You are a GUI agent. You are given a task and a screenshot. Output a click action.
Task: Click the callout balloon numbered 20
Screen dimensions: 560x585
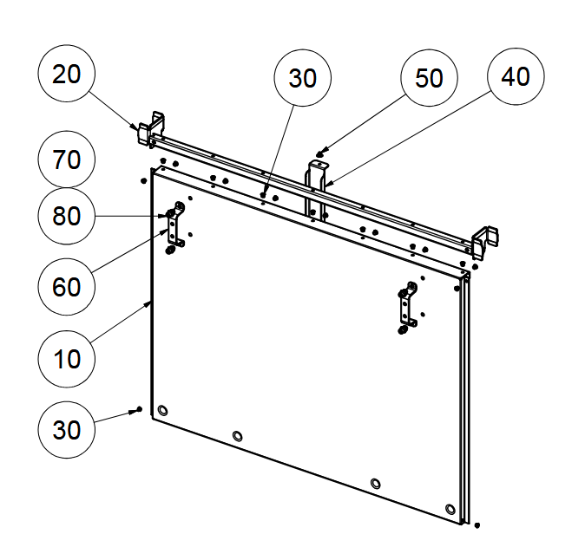66,74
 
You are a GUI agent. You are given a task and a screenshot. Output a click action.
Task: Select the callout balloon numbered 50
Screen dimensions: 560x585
429,78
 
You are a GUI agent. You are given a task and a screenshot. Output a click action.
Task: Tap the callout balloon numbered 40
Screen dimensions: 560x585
516,76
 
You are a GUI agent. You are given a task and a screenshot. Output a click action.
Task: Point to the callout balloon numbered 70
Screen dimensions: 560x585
66,160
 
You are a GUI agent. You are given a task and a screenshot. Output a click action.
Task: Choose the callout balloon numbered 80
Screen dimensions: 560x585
66,215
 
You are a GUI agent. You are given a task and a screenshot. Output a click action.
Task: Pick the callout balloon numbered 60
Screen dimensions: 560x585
66,285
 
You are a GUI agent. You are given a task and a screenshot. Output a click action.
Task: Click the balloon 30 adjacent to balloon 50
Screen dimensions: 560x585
302,78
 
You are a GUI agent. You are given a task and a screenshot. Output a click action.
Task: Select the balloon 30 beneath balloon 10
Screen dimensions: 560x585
66,431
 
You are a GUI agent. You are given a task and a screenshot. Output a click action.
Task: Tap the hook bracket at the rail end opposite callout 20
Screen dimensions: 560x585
487,239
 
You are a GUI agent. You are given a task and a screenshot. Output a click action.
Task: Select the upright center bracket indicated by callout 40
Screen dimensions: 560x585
316,186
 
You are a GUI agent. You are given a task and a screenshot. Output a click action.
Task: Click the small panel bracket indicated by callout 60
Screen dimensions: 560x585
174,227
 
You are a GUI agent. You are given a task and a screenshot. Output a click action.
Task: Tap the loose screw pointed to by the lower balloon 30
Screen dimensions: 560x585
139,407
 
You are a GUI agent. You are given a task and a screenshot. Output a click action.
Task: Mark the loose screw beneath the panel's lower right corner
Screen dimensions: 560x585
477,524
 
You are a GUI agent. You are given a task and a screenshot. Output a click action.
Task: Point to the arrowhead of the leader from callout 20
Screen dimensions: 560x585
139,128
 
